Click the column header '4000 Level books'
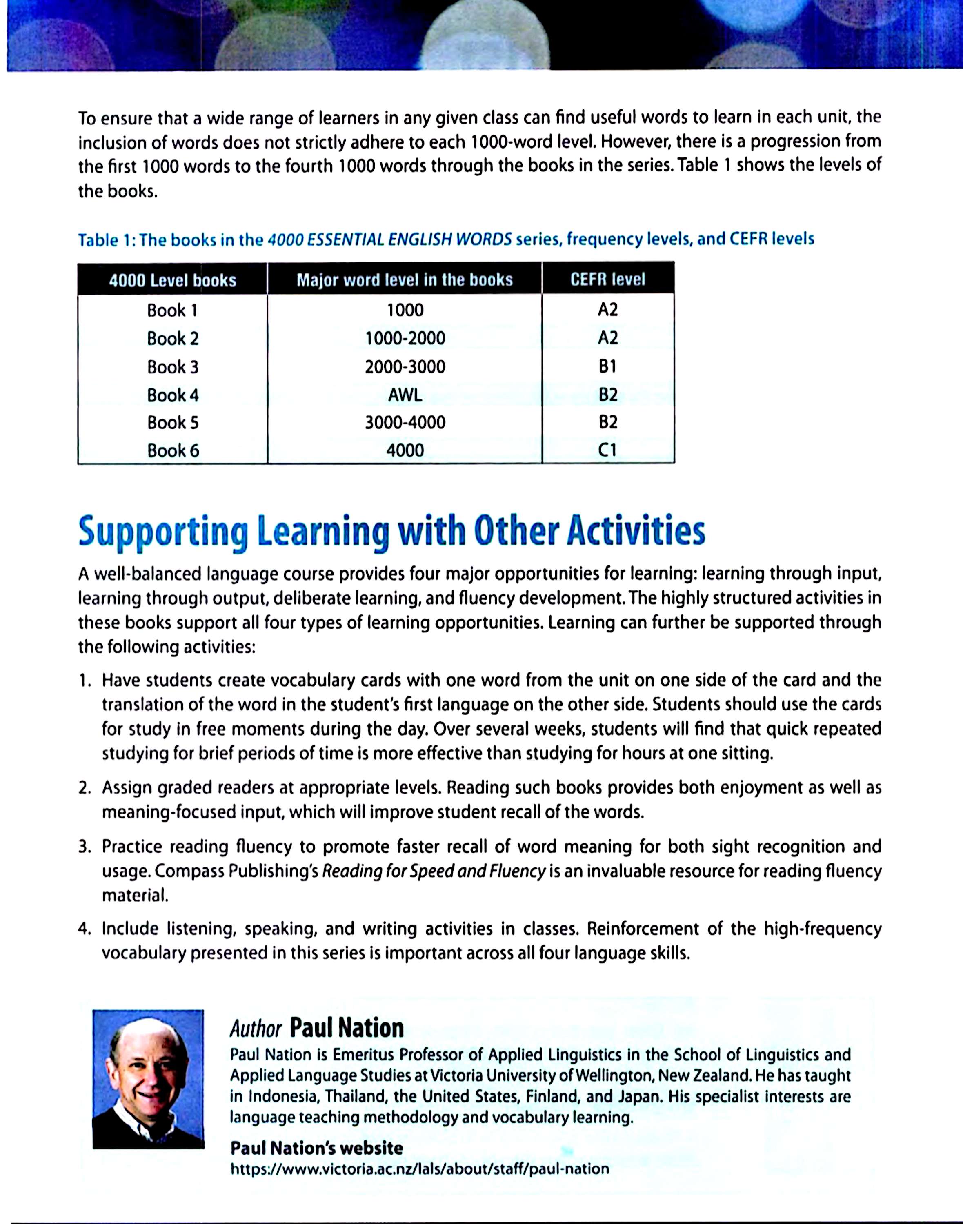[x=173, y=280]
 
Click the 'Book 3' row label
[x=173, y=367]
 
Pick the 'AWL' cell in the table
[x=405, y=395]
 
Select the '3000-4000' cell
[x=405, y=423]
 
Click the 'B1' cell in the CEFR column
[x=608, y=367]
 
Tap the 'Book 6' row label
[x=173, y=451]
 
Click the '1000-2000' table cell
[x=405, y=339]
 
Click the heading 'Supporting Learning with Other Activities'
[x=391, y=531]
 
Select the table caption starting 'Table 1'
[x=445, y=240]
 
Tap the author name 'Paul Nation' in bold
[x=347, y=1029]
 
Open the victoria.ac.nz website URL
[x=420, y=1169]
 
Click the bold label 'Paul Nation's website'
[x=316, y=1149]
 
